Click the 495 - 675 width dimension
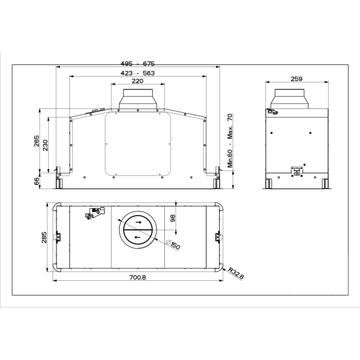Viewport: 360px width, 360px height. (138, 63)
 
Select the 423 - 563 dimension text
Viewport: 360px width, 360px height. (138, 73)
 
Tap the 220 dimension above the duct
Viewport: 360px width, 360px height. (138, 81)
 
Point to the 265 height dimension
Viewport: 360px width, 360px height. (36, 141)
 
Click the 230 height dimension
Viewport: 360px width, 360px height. (45, 145)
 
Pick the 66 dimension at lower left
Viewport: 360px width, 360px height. (36, 182)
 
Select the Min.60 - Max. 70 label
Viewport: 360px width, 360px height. (230, 140)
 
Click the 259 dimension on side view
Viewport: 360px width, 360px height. (297, 79)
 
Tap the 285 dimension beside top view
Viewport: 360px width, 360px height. (44, 238)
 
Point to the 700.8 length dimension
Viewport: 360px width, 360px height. (138, 277)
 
